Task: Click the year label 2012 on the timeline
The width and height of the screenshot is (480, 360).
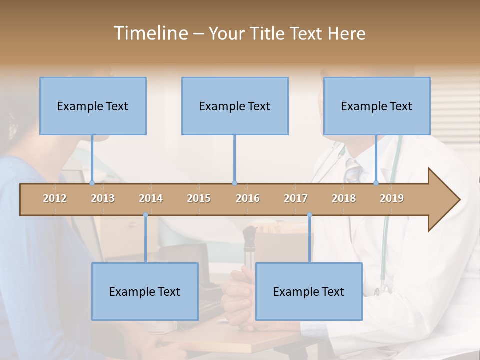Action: (55, 198)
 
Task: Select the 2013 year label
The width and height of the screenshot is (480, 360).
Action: (103, 198)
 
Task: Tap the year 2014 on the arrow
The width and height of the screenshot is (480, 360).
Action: (151, 198)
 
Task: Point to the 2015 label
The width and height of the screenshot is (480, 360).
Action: (199, 198)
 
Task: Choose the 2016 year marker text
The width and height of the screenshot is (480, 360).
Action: (248, 198)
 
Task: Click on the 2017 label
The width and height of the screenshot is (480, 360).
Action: (296, 198)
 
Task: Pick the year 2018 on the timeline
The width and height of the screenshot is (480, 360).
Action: (344, 198)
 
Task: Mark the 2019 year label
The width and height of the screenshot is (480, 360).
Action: (392, 198)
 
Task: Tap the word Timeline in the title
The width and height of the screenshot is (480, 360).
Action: (150, 33)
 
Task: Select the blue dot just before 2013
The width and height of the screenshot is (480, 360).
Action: (92, 183)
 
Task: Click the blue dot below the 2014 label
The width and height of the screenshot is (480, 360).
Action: (145, 215)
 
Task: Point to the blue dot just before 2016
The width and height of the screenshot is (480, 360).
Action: (234, 183)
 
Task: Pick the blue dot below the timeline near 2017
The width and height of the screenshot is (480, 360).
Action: (309, 215)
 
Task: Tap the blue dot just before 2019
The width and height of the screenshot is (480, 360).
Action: (376, 183)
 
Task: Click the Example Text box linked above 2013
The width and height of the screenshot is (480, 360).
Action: (93, 106)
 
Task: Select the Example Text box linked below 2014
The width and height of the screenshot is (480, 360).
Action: (145, 291)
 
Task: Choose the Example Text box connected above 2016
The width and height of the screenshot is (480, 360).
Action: (235, 106)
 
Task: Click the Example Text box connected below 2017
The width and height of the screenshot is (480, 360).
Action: (309, 291)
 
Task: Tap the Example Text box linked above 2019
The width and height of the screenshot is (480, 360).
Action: (377, 106)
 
